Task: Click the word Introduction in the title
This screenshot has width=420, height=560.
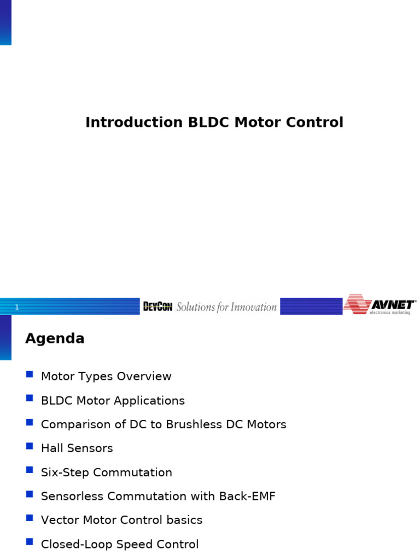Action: point(134,122)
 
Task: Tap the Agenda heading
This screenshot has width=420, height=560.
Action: point(55,339)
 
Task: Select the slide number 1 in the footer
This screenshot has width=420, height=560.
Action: point(17,307)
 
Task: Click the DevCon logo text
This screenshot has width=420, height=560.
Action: point(157,307)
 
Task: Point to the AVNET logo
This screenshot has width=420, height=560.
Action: point(380,305)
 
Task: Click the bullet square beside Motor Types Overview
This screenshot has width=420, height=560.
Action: point(30,375)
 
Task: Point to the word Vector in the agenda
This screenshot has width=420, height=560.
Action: point(59,520)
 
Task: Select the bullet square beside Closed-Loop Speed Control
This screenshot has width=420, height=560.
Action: point(30,542)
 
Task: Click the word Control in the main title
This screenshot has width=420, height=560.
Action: point(318,122)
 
